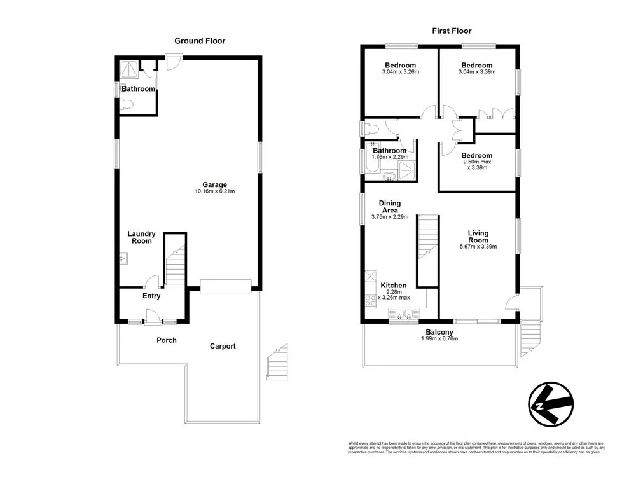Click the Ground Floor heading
[x=200, y=41]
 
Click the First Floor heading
[x=452, y=31]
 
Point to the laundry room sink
[x=123, y=259]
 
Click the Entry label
[x=151, y=296]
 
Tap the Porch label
[x=167, y=340]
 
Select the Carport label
[x=223, y=346]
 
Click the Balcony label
[x=439, y=332]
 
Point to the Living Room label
[x=478, y=236]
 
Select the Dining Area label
[x=389, y=207]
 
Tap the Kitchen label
[x=393, y=286]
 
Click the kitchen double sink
[x=402, y=314]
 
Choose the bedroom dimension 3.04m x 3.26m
[x=400, y=72]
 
